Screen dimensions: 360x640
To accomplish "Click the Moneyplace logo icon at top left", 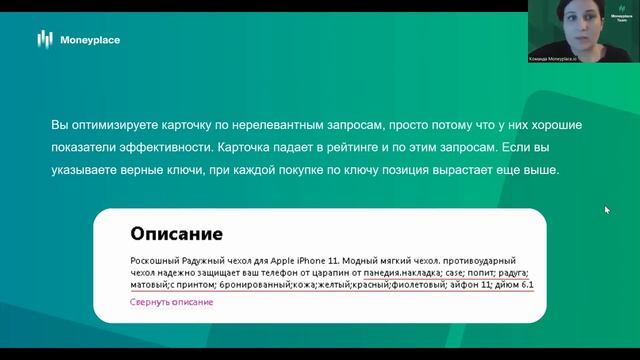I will (44, 39).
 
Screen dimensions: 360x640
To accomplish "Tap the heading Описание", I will (176, 235).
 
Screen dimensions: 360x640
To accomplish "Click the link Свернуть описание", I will (171, 301).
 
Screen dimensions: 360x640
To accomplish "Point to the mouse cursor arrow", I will (607, 210).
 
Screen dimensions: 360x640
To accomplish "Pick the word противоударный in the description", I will (494, 260).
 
